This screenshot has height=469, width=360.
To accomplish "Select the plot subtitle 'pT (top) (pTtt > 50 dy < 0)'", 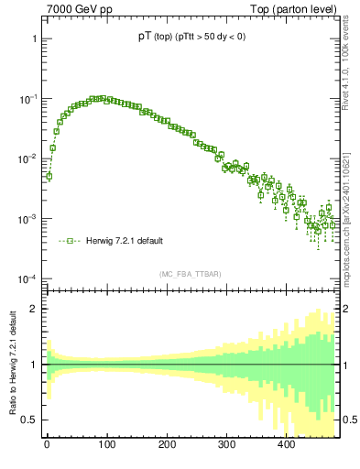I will click(x=186, y=38).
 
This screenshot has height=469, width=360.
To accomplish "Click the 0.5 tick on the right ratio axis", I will click(x=349, y=420).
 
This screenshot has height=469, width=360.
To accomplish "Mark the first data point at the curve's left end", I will click(x=49, y=176).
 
